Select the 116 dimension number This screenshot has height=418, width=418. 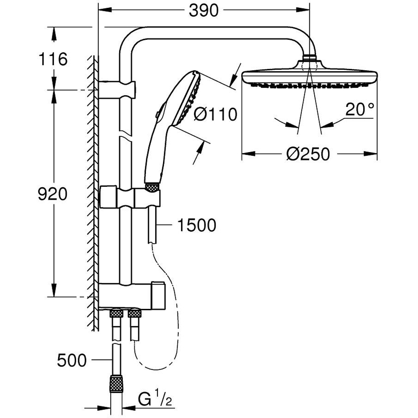coord(53,59)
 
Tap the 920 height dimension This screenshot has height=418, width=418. coord(52,194)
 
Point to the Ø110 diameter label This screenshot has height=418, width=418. coord(216,114)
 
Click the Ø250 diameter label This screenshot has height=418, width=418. coord(308,154)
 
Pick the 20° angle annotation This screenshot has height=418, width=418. coord(360,110)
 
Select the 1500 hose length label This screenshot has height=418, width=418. coord(197,225)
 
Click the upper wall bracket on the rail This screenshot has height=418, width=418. coord(119,88)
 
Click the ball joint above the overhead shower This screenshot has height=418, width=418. coord(310,58)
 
